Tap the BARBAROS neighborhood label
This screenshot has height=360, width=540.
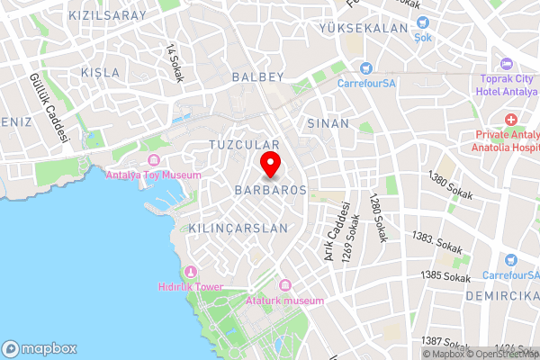pos(270,191)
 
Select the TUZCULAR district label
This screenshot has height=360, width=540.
pos(245,144)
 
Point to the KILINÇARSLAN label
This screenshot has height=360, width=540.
pos(238,229)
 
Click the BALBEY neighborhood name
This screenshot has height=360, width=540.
pos(257,77)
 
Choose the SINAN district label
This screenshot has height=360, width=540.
pos(328,121)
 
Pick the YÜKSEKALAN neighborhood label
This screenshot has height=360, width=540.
pos(364,29)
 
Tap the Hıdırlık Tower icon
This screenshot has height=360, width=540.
pos(190,272)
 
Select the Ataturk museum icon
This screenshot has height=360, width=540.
pos(285,285)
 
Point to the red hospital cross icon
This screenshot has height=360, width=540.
pos(511,120)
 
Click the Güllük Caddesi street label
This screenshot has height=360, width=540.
pos(49,108)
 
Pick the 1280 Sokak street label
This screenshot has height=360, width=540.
pos(378,217)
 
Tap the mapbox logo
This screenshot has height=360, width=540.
pos(40,348)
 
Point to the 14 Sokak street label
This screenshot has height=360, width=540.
pos(175,63)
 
